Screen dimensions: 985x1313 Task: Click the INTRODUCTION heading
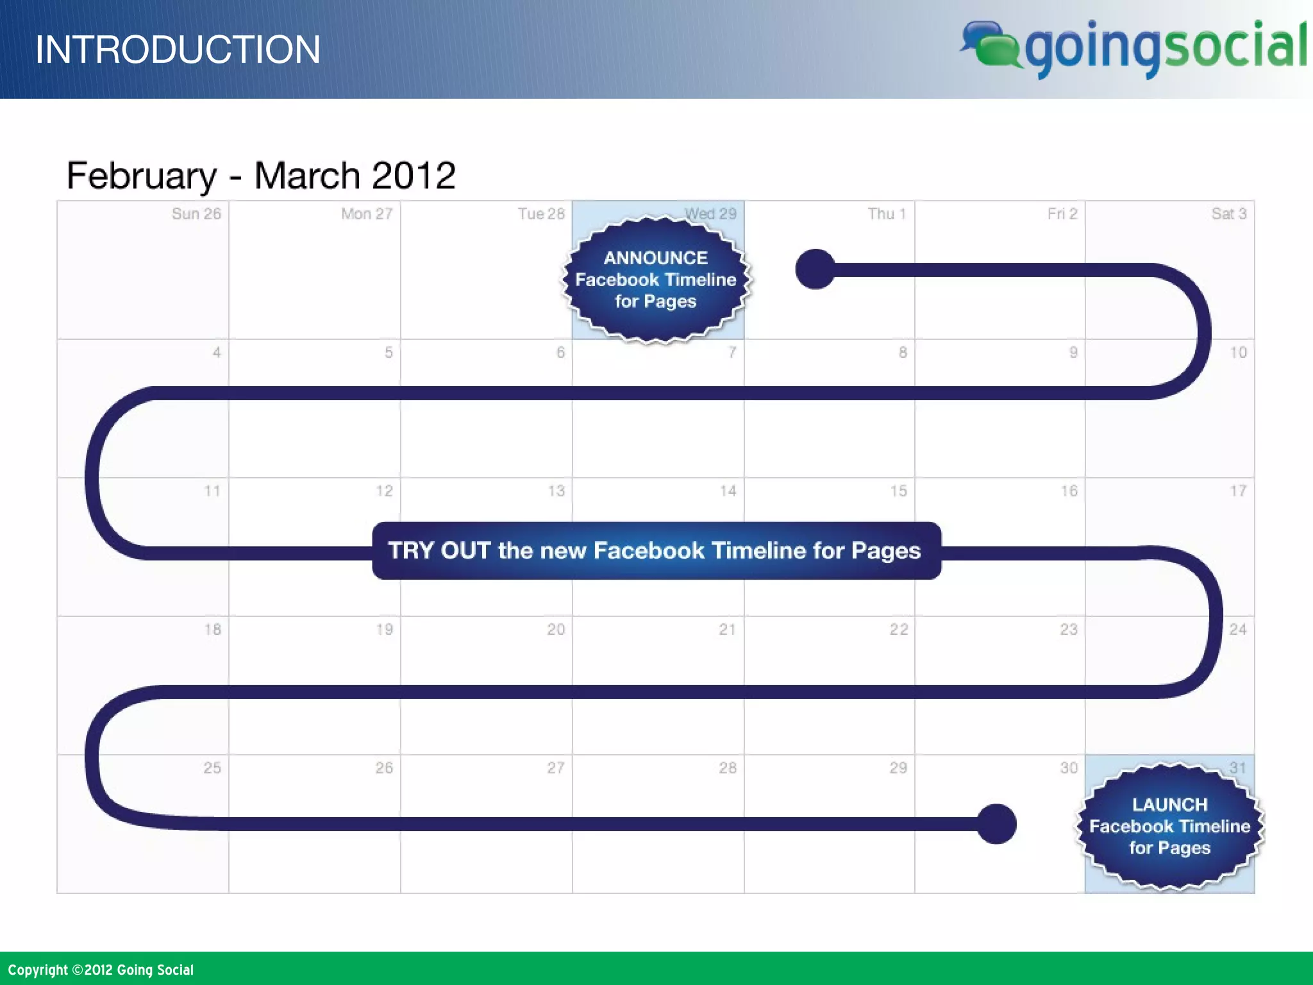(x=178, y=49)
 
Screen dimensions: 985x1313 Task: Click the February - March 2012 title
(x=261, y=175)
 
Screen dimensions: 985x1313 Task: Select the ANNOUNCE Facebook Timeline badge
(x=656, y=280)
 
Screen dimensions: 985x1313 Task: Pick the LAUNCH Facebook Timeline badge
(x=1169, y=826)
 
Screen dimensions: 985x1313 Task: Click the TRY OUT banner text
(x=655, y=551)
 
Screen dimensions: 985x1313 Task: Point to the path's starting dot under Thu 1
(x=815, y=269)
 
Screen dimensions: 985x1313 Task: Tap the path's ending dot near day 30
(x=996, y=824)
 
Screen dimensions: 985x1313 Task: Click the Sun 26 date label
(x=196, y=214)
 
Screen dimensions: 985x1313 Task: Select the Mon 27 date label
(x=367, y=214)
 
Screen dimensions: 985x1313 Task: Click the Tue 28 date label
(x=541, y=214)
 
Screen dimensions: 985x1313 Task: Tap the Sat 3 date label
(x=1228, y=214)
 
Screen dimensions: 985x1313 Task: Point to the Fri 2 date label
(x=1062, y=214)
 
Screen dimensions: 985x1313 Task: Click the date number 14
(x=728, y=491)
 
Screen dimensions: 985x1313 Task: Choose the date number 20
(x=556, y=630)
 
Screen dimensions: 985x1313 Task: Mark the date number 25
(x=212, y=768)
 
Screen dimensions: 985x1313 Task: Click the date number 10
(x=1238, y=353)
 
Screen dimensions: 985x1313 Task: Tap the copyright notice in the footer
(x=101, y=970)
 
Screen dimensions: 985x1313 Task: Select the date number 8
(x=903, y=353)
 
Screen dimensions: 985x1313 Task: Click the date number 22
(x=899, y=630)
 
